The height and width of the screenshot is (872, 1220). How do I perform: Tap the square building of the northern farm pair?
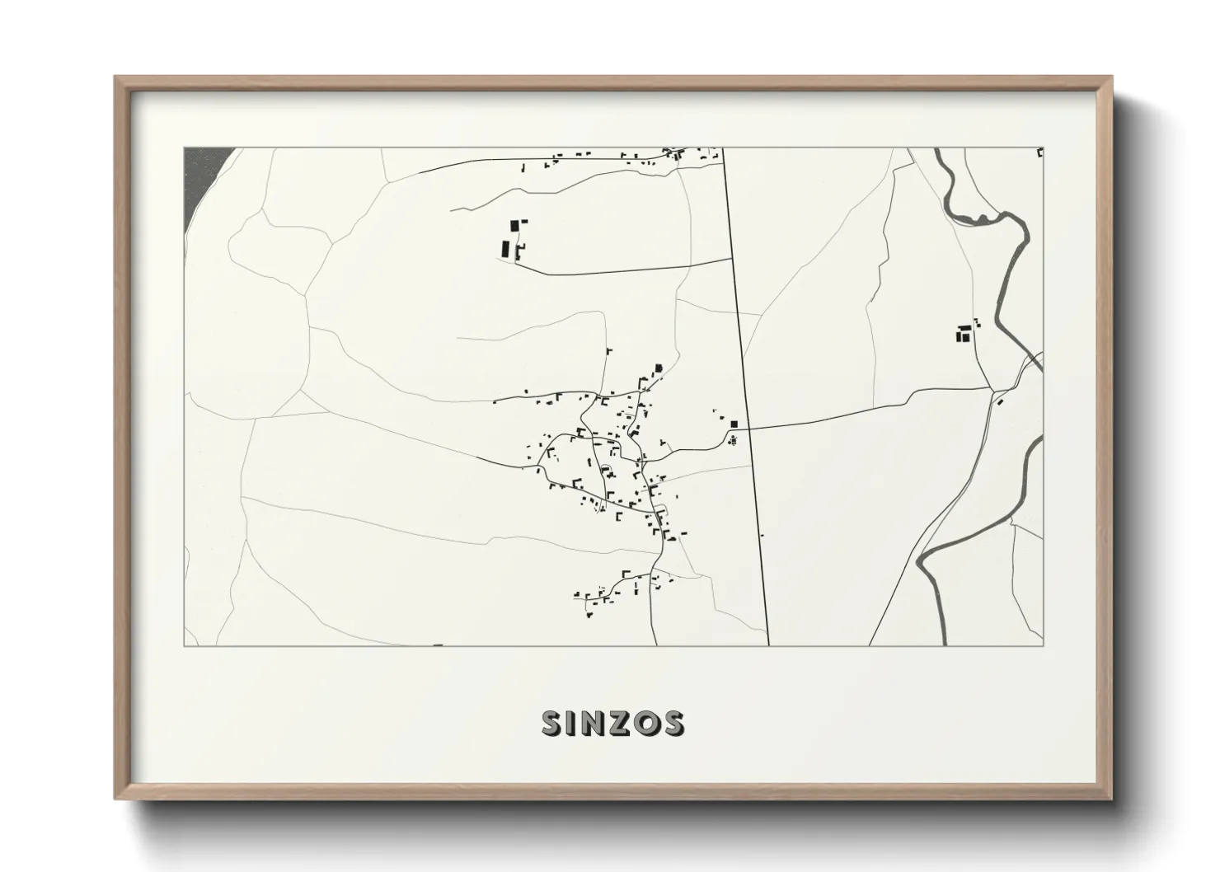tap(515, 224)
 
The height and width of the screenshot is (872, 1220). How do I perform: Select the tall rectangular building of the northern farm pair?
tap(504, 247)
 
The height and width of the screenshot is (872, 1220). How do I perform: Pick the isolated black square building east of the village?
tap(733, 424)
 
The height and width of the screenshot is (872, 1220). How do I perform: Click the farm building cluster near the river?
tap(962, 334)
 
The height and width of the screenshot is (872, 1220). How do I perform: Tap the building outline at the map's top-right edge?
tap(1040, 152)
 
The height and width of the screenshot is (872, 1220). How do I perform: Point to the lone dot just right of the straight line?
tap(762, 535)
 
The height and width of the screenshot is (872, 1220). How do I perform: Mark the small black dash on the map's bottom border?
tap(437, 645)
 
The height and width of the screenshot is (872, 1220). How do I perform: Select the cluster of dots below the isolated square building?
tap(732, 440)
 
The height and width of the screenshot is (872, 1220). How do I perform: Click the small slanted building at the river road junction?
tap(999, 401)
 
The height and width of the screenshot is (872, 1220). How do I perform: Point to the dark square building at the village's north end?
tap(658, 368)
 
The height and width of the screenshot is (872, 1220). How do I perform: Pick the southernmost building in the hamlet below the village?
tap(590, 614)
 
